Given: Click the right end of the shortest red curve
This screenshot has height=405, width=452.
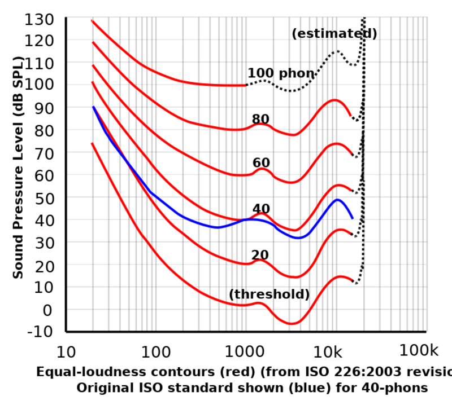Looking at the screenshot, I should pos(244,85).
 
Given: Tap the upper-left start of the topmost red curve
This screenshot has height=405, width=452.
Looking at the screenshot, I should pos(92,21).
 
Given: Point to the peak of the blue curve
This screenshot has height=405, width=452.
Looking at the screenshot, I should pos(338,200).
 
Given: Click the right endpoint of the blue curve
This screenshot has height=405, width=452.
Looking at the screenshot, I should pos(353,217).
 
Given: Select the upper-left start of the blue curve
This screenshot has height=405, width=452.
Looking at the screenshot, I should pos(93,106).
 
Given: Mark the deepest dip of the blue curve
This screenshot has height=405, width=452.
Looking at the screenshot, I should pos(299,237).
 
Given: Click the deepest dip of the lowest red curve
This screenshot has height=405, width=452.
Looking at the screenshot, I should pos(292,324).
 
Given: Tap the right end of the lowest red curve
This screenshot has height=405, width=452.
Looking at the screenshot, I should pos(353,279).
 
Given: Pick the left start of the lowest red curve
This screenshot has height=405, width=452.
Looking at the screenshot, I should pos(92,144).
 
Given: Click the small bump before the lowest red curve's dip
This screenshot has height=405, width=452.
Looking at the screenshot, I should pos(259,303).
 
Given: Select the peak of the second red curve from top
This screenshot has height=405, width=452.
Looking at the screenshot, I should pos(336,100).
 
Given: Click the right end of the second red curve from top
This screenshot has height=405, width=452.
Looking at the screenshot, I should pos(351,116).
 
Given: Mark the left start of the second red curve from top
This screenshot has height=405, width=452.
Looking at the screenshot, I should pos(93,42).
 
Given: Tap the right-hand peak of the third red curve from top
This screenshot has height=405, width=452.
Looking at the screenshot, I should pos(338,144).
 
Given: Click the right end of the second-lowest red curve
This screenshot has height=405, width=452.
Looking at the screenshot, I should pos(351,234).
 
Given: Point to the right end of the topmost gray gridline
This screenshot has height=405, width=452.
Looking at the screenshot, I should pos(425,39).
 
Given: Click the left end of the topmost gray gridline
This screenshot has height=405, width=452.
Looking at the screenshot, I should pos(68,39).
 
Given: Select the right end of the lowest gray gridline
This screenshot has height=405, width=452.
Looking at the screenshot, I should pos(425,264).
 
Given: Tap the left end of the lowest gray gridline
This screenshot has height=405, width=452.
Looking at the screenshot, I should pos(68,264).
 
